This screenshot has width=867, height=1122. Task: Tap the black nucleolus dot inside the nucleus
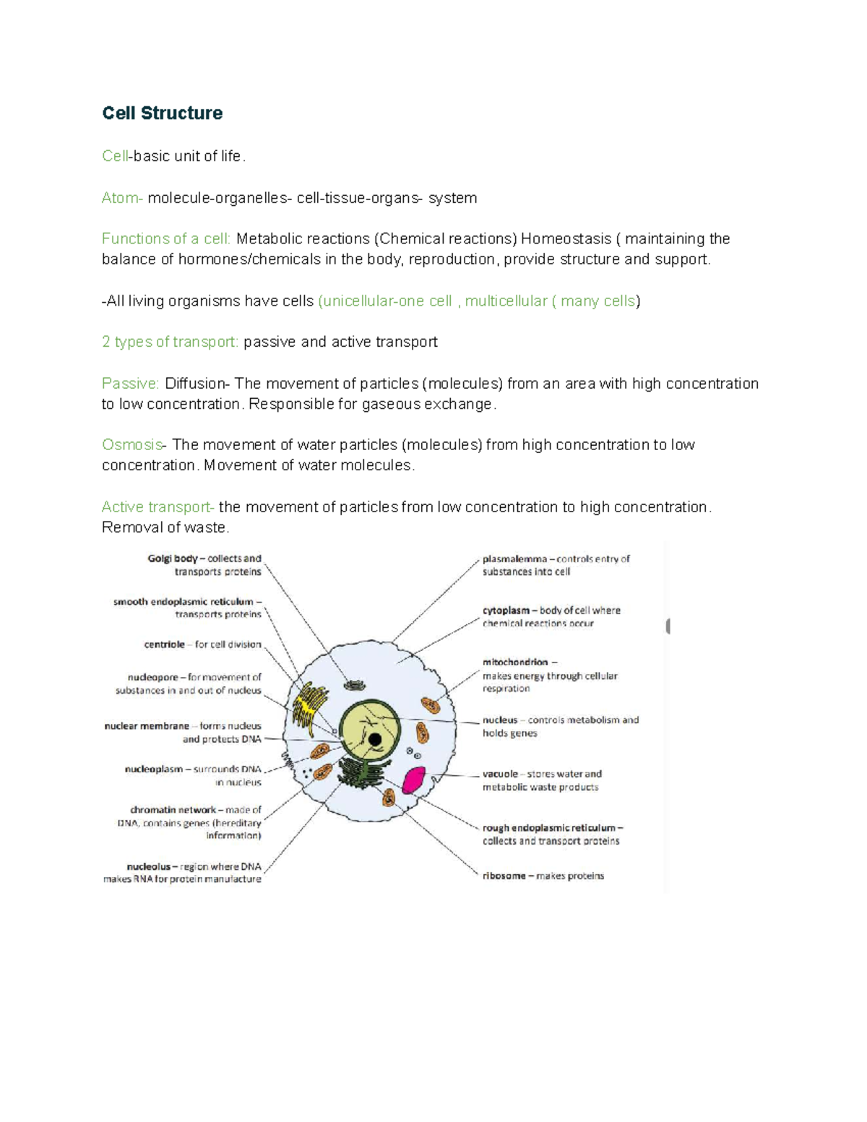[x=375, y=740]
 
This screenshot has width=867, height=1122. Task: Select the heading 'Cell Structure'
[x=162, y=113]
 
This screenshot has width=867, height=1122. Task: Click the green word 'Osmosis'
[x=132, y=445]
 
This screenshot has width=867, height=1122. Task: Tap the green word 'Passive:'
[x=130, y=384]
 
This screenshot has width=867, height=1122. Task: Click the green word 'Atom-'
[x=122, y=198]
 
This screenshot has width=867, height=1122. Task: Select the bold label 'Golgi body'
[x=173, y=558]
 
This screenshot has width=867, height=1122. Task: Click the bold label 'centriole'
[x=164, y=644]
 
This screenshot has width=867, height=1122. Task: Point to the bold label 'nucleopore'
[x=152, y=678]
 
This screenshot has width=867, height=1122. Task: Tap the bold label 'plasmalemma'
[x=514, y=559]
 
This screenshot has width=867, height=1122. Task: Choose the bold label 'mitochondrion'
[x=515, y=662]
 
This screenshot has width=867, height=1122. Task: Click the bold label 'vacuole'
[x=500, y=774]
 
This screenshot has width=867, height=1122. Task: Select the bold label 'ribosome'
[x=504, y=876]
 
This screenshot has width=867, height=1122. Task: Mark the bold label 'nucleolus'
[x=149, y=866]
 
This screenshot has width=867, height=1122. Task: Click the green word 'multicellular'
[x=506, y=301]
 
